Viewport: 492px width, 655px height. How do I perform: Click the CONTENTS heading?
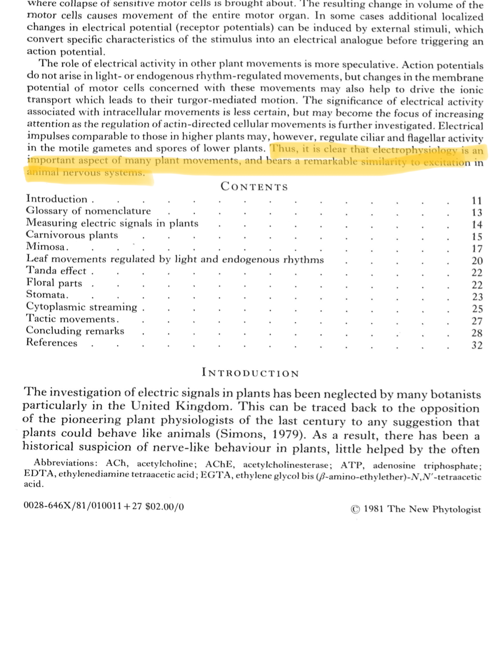(x=254, y=187)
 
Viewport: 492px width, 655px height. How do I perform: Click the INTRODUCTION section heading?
(x=250, y=373)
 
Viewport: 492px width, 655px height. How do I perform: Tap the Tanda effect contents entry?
(x=57, y=271)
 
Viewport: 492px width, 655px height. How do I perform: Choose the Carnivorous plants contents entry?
(x=72, y=235)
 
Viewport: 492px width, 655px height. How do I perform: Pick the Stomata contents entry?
(x=47, y=295)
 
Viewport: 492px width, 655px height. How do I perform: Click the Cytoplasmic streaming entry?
(x=81, y=307)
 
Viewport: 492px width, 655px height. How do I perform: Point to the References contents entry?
(x=51, y=343)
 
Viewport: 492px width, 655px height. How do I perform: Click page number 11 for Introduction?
(x=477, y=201)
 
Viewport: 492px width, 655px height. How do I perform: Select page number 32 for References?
(x=477, y=346)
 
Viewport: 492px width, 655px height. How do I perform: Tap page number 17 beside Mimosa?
(x=477, y=249)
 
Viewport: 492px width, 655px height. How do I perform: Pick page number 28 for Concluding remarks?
(x=477, y=333)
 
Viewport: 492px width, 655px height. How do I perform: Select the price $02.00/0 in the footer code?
(x=164, y=507)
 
